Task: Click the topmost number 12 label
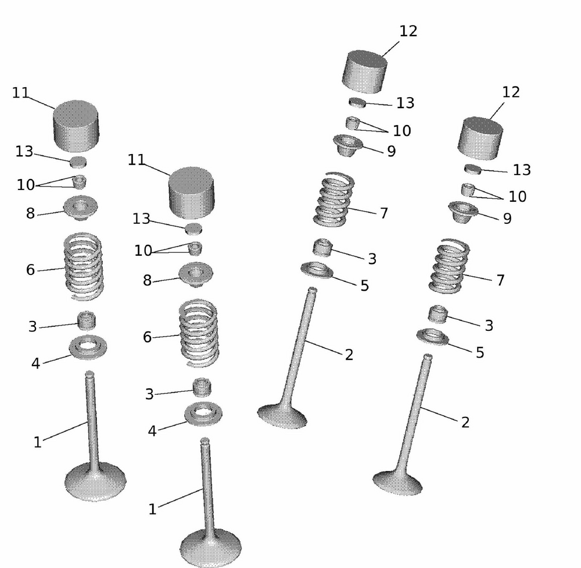(x=408, y=31)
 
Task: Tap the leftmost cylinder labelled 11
(x=76, y=125)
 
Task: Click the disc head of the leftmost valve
(x=95, y=481)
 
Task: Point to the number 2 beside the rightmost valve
(x=465, y=423)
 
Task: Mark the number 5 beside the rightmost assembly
(x=480, y=353)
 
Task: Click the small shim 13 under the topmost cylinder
(x=357, y=102)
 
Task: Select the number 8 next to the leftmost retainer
(x=30, y=213)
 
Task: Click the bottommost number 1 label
(x=152, y=509)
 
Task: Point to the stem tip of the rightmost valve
(x=428, y=357)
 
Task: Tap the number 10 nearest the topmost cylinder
(x=402, y=131)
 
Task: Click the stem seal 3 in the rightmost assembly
(x=439, y=314)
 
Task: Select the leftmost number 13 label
(x=24, y=152)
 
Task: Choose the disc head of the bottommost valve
(x=210, y=548)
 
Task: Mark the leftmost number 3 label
(x=33, y=327)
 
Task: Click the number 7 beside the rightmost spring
(x=500, y=281)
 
